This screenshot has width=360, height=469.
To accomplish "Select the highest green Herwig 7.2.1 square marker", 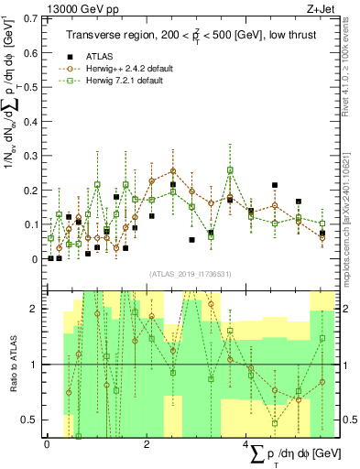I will tap(231, 169).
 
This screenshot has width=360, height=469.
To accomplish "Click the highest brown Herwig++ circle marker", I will tap(173, 170).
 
